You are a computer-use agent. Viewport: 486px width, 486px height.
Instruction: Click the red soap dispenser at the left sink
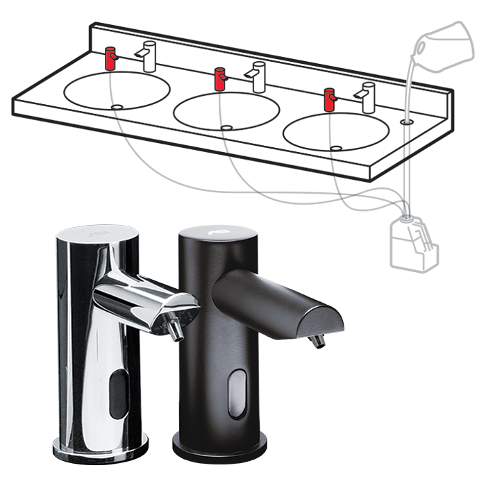click(x=110, y=58)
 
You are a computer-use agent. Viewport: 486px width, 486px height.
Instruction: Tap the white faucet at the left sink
click(x=149, y=56)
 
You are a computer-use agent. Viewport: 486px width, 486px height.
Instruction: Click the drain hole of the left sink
click(x=117, y=106)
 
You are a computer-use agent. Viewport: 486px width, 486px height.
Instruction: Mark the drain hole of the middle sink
click(x=226, y=127)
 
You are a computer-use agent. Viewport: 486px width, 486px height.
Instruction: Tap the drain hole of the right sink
click(x=336, y=147)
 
